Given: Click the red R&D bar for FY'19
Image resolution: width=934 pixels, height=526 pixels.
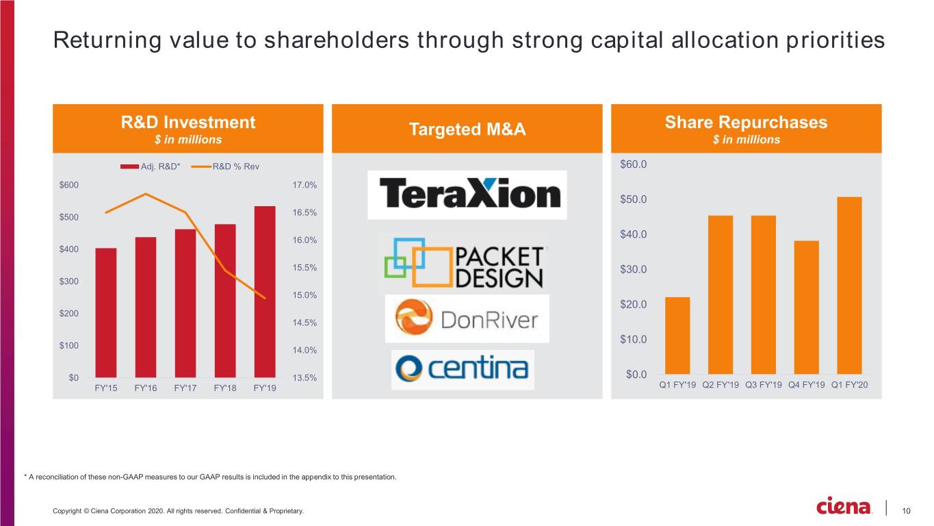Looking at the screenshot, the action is [x=265, y=292].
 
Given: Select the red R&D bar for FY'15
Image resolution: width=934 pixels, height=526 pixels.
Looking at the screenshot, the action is [x=106, y=313].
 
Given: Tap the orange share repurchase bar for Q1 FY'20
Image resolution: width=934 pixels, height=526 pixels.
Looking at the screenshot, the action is [x=849, y=286].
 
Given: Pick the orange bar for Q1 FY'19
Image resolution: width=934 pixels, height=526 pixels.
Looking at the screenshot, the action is [x=677, y=336].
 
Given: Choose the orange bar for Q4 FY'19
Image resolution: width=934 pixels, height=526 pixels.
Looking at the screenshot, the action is [x=807, y=308].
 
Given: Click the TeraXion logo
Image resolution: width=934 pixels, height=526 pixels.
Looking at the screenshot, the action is [x=467, y=195].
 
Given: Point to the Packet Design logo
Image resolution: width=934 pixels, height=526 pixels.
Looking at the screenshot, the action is [x=464, y=263].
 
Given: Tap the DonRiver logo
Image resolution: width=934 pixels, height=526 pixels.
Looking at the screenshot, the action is [x=467, y=318].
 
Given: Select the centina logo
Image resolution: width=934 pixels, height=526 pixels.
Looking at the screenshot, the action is [x=463, y=370].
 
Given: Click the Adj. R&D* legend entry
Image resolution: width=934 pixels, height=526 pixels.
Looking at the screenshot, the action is [x=150, y=166].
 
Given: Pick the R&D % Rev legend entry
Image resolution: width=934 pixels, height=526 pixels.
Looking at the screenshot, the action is [x=225, y=166].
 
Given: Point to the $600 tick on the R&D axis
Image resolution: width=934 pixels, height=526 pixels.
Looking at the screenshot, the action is [x=69, y=185].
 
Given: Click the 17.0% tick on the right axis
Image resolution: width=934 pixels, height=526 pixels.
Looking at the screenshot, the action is [x=304, y=185].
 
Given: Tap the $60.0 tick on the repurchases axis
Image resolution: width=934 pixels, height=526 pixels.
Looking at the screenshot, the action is [x=634, y=164].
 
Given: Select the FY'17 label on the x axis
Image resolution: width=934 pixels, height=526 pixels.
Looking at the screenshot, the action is [x=185, y=388].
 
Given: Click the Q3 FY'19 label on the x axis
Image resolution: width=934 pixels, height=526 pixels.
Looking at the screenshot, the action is [x=764, y=385].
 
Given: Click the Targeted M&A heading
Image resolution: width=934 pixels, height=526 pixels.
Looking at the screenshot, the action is [x=467, y=129].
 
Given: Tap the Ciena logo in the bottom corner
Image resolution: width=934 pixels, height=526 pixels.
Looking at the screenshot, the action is [x=844, y=506].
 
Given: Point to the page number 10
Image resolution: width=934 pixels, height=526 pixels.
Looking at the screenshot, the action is [x=906, y=511].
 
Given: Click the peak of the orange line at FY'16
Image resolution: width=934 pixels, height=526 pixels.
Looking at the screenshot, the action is [x=146, y=194].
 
